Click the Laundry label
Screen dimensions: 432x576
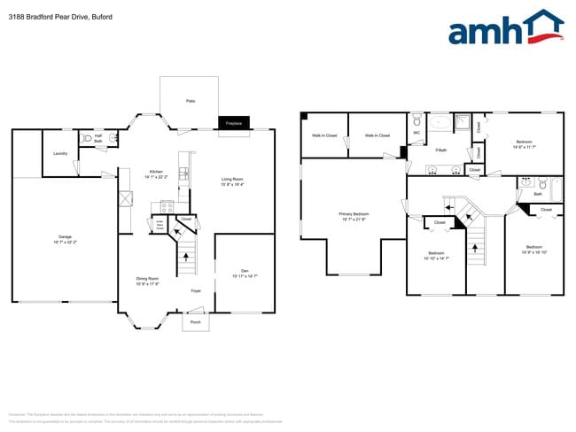pos(60,153)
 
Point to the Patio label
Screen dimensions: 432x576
pos(191,102)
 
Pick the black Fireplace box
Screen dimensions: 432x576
pos(235,122)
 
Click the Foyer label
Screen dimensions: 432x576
pos(196,290)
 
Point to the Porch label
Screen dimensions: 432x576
pos(196,322)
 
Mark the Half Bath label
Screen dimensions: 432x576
pos(98,138)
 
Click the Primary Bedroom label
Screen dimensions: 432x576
pos(354,216)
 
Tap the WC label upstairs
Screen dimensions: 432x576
pos(416,134)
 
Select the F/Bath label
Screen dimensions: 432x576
pos(440,150)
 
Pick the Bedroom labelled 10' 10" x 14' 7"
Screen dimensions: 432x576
pos(435,255)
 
